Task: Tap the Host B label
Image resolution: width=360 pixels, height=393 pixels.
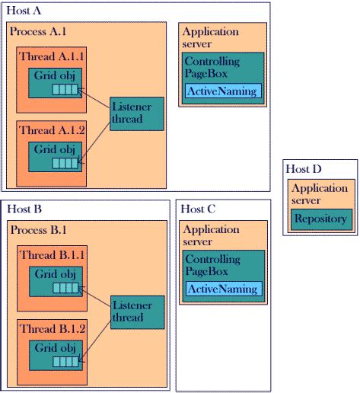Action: pos(25,208)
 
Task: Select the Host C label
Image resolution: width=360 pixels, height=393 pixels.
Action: pos(200,208)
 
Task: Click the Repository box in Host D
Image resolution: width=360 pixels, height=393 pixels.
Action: pos(320,219)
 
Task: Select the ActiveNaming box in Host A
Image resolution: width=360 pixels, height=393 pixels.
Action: pos(223,91)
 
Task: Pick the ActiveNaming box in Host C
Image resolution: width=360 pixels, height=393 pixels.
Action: pos(223,289)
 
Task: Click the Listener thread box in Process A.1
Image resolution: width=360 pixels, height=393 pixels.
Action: pos(131,113)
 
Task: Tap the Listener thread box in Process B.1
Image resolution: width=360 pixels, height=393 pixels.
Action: pos(131,311)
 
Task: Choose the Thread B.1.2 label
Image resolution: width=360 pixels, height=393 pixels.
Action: pos(51,328)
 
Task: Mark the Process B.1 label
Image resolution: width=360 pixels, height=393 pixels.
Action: pos(38,229)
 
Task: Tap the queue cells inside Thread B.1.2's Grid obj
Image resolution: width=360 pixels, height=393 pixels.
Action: pos(65,360)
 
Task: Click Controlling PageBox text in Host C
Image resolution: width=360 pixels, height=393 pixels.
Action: pos(212,264)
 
